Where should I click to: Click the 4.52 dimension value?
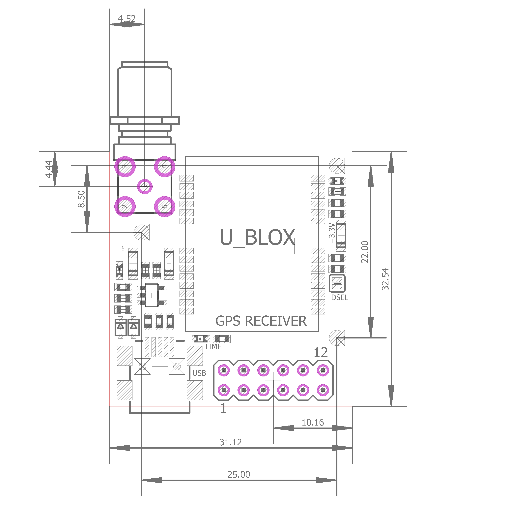tap(127, 18)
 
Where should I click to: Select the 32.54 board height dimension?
tap(385, 279)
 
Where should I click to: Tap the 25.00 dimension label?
tap(239, 474)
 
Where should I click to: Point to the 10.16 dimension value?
tap(313, 422)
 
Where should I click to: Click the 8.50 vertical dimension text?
tap(81, 199)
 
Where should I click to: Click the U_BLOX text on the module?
tap(257, 237)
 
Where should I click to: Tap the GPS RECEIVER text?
tap(261, 321)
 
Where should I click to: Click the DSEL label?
tap(339, 298)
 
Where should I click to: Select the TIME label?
tap(213, 347)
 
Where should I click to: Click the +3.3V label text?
tap(332, 233)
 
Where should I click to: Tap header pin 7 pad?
tap(283, 390)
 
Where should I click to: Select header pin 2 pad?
tap(224, 370)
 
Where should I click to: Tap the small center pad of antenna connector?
tap(145, 186)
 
